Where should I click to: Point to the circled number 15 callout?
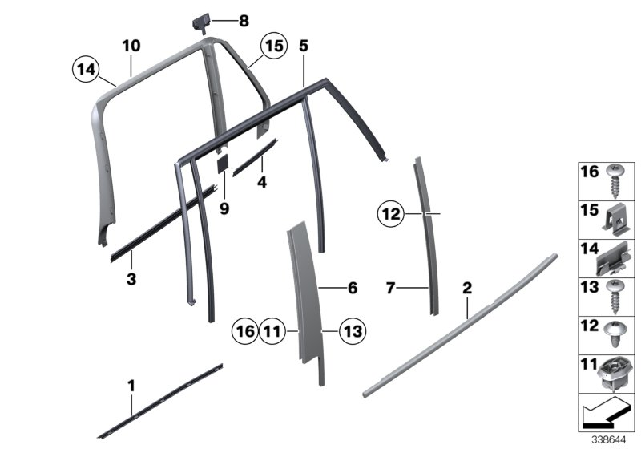[274, 47]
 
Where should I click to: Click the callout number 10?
[132, 46]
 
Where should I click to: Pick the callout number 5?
[303, 46]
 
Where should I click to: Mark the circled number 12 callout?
[390, 214]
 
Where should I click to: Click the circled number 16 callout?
[244, 329]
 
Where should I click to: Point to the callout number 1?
[131, 387]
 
